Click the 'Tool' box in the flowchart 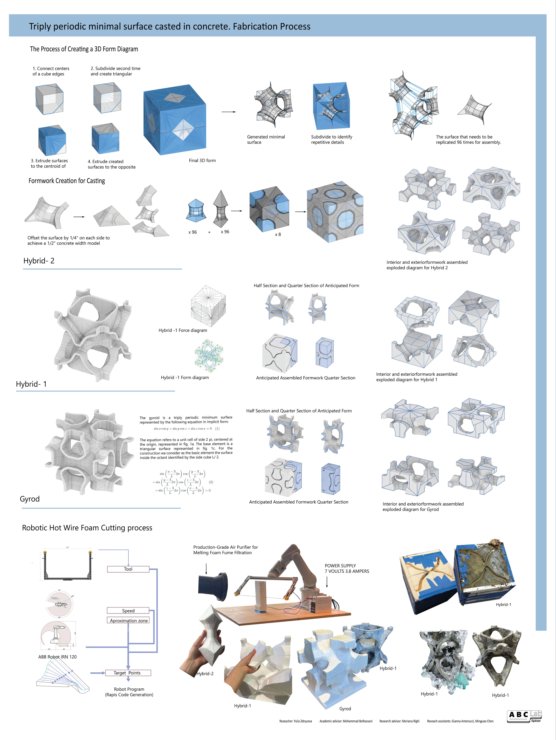pos(128,569)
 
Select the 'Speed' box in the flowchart pos(128,611)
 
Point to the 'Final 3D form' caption pos(202,161)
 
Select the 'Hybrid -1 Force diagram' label pos(183,330)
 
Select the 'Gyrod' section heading pos(30,499)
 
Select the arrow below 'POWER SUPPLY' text pos(327,582)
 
